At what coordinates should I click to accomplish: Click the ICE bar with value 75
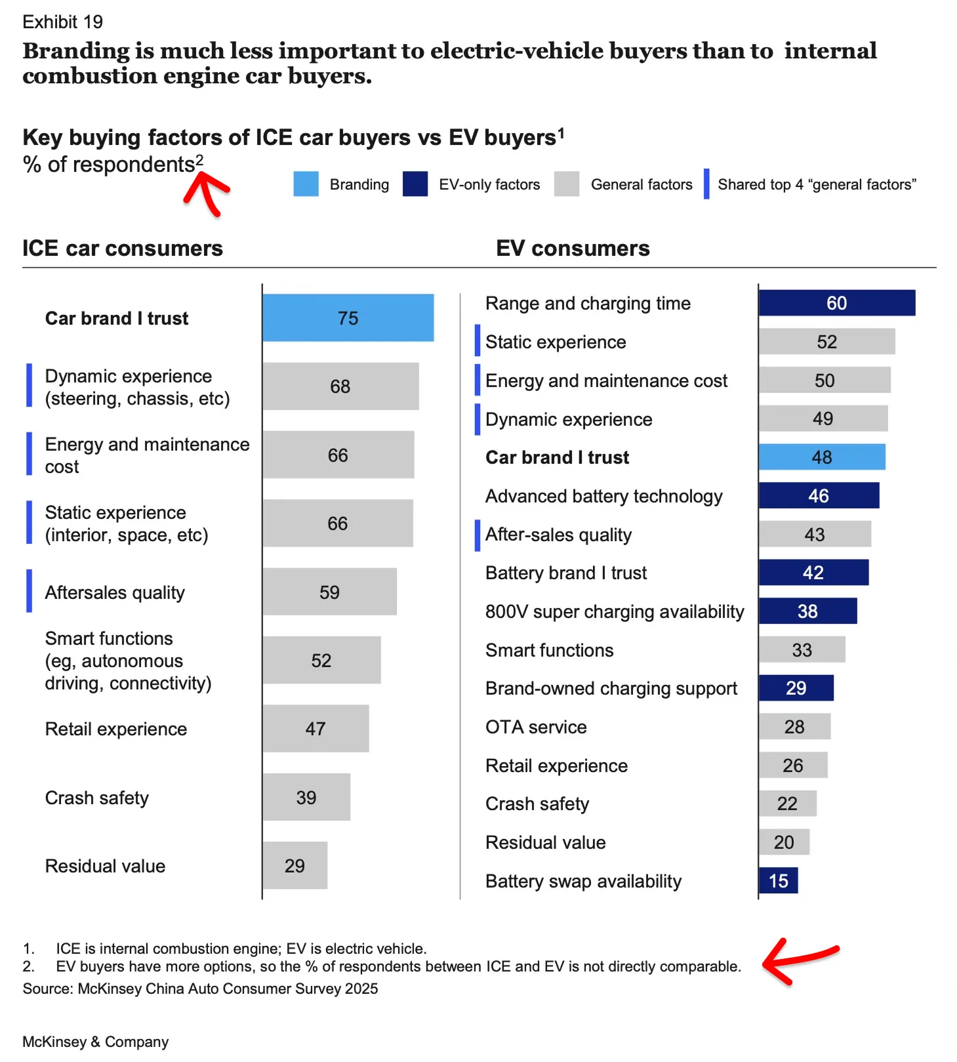tap(348, 318)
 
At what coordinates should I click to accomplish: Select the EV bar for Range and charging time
tap(836, 303)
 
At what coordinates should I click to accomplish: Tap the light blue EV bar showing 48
tap(821, 457)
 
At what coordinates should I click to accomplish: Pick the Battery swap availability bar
tap(778, 881)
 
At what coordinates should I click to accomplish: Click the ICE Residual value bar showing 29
tap(295, 866)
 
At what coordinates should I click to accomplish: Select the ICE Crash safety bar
tap(306, 798)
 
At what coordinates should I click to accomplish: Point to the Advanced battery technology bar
tap(819, 496)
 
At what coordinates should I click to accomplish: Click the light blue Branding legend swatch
tap(306, 184)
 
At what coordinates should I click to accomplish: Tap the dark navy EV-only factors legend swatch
tap(415, 184)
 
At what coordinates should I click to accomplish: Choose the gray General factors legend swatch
tap(567, 184)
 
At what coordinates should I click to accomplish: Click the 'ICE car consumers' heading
tap(123, 249)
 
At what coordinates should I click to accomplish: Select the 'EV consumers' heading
tap(573, 249)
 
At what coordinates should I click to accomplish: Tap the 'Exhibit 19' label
tap(62, 22)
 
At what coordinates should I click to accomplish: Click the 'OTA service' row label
tap(536, 727)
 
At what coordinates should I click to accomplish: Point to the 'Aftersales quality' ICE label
tap(115, 593)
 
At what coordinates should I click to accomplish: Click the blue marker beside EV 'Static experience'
tap(478, 341)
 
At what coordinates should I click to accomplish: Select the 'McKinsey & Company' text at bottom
tap(96, 1042)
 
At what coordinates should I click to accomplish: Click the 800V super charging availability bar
tap(807, 611)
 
